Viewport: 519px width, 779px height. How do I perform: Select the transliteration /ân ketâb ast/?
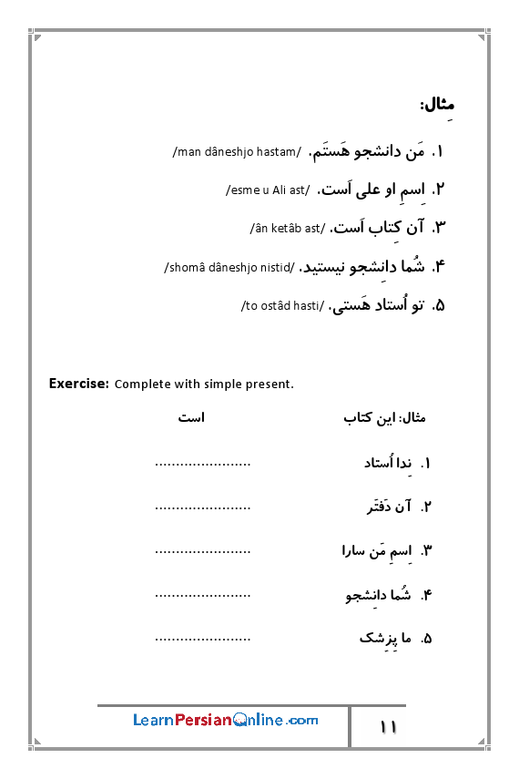point(285,228)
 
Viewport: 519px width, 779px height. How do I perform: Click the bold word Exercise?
point(79,384)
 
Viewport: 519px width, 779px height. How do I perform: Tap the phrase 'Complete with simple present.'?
point(204,384)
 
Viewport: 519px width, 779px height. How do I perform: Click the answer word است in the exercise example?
point(191,418)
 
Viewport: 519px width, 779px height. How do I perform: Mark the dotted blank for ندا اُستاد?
point(202,464)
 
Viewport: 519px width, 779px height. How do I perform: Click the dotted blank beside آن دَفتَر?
point(202,507)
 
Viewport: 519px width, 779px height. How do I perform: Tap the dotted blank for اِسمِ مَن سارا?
point(202,551)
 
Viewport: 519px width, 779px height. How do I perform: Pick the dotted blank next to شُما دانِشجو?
point(202,595)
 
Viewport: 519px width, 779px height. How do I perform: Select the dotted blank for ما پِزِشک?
point(202,638)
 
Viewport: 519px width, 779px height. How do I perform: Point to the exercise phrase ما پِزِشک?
point(386,638)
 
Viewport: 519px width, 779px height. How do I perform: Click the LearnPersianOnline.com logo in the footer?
point(226,720)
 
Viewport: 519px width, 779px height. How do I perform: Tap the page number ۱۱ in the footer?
point(389,727)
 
